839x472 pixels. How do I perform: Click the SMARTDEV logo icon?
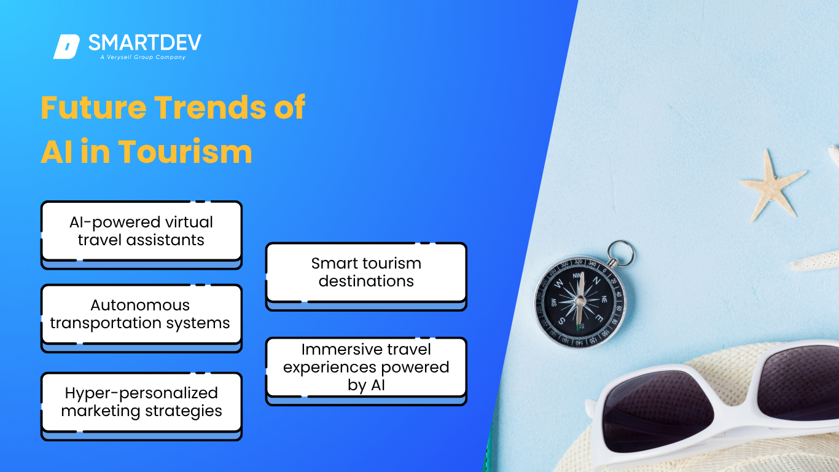click(67, 47)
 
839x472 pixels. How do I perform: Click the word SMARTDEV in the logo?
click(144, 42)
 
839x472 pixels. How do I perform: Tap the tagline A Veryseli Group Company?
click(142, 57)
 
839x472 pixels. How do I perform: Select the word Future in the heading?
click(93, 108)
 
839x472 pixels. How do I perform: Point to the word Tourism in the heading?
click(185, 152)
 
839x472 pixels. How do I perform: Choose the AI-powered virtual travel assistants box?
click(142, 235)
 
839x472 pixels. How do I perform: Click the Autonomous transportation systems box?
click(142, 318)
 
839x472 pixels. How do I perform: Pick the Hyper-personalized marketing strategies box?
click(142, 406)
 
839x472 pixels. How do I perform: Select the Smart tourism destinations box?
click(366, 277)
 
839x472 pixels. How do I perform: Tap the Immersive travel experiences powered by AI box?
click(366, 371)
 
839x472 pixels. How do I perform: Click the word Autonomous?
click(140, 305)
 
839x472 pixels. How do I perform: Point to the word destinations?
click(366, 281)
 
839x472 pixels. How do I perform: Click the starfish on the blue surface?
click(771, 187)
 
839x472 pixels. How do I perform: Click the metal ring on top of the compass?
click(620, 253)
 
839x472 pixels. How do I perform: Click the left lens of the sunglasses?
click(658, 411)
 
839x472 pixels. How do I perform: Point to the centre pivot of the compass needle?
click(580, 301)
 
